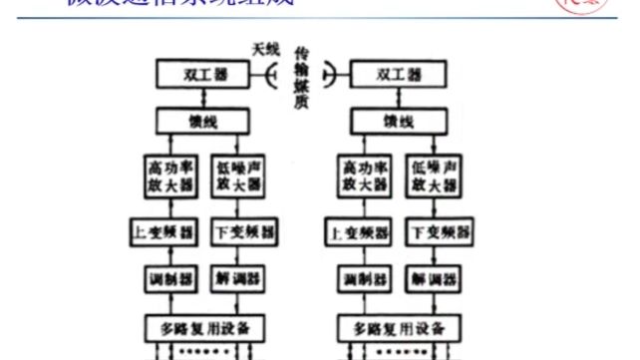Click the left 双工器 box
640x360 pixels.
[204, 74]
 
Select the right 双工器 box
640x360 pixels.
[398, 74]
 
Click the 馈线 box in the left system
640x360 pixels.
[204, 123]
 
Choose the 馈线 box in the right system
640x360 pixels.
[398, 123]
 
